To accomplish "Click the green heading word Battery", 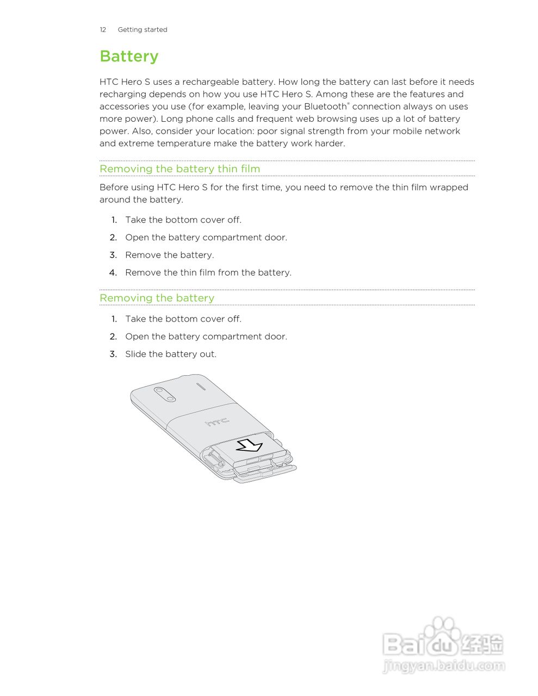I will pyautogui.click(x=129, y=57).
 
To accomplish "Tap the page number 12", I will pyautogui.click(x=103, y=30).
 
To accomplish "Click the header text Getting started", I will pyautogui.click(x=143, y=30).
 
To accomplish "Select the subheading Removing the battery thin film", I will pyautogui.click(x=180, y=169).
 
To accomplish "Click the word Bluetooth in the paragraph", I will pyautogui.click(x=325, y=107).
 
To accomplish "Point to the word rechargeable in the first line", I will pyautogui.click(x=211, y=82).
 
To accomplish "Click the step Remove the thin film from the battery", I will pyautogui.click(x=208, y=272).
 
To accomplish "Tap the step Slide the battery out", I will pyautogui.click(x=171, y=354).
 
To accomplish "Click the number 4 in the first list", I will pyautogui.click(x=113, y=272).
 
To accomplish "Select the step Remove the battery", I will pyautogui.click(x=170, y=255).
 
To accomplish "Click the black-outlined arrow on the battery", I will pyautogui.click(x=250, y=446).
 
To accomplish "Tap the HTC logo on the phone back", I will pyautogui.click(x=217, y=422).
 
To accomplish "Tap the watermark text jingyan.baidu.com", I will pyautogui.click(x=444, y=666).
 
